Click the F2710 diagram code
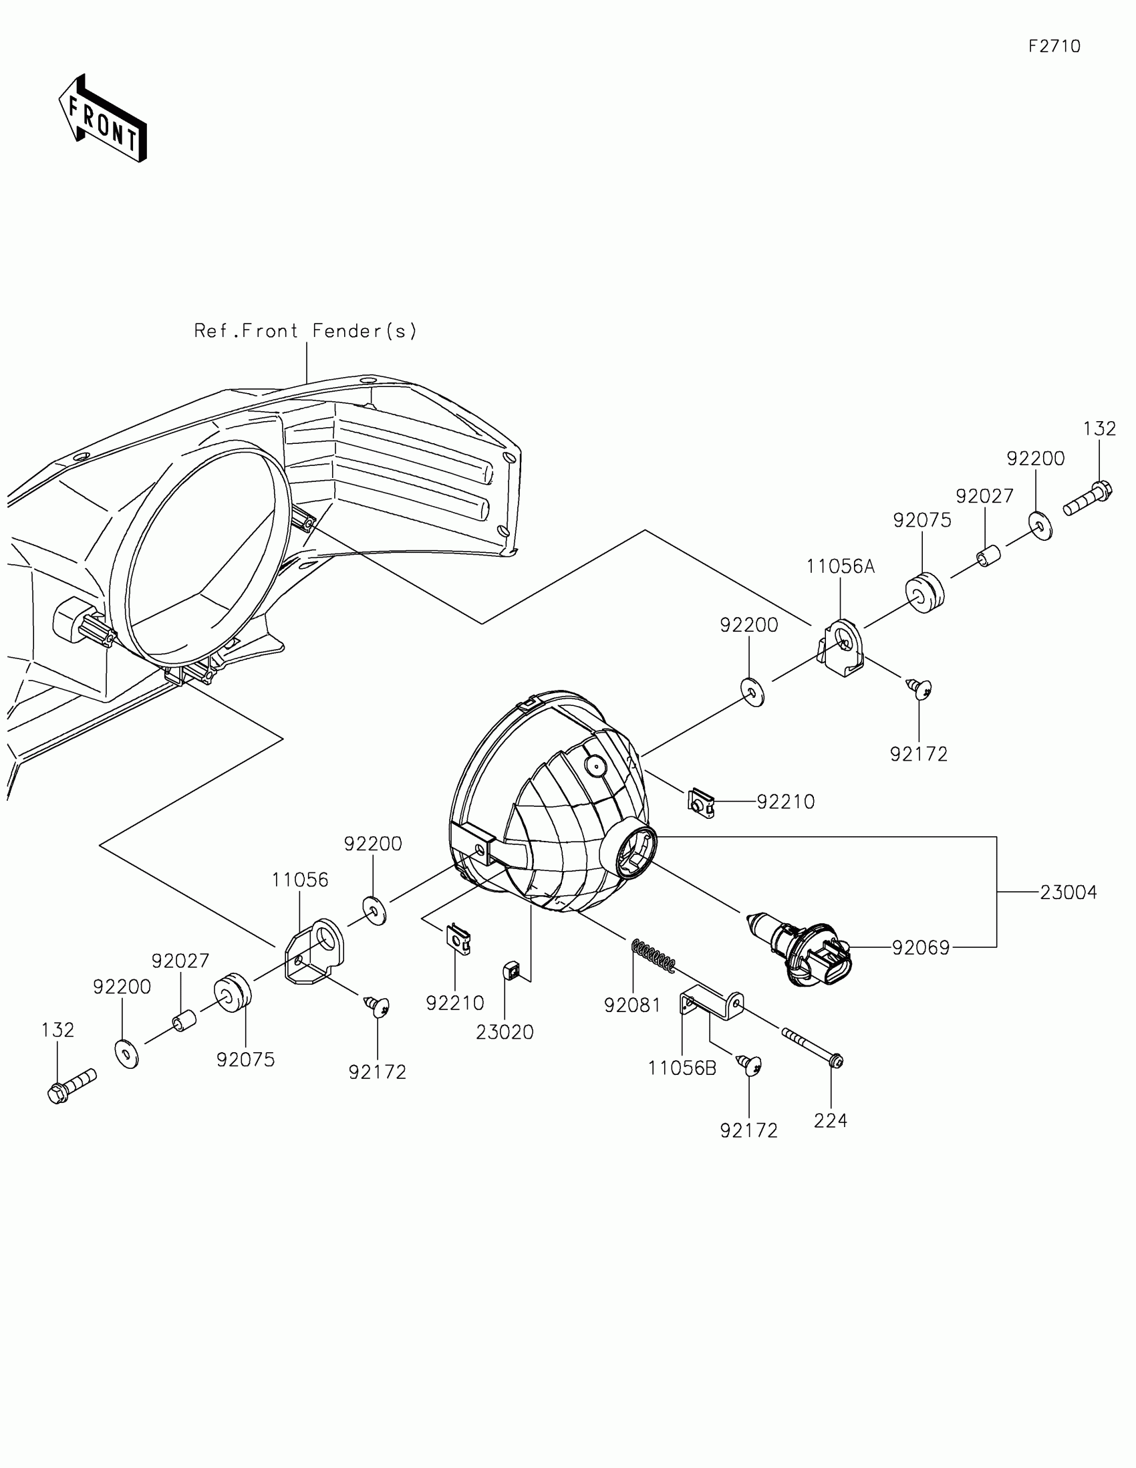pos(1054,46)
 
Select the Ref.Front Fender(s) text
pos(305,331)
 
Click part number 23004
pos(1068,892)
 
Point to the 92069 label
pos(920,948)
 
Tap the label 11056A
pos(841,567)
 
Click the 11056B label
pos(682,1068)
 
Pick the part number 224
pos(831,1120)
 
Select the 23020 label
pos(505,1032)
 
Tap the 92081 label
pos(632,1005)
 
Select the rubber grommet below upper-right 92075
pos(925,594)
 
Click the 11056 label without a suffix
pos(299,880)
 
